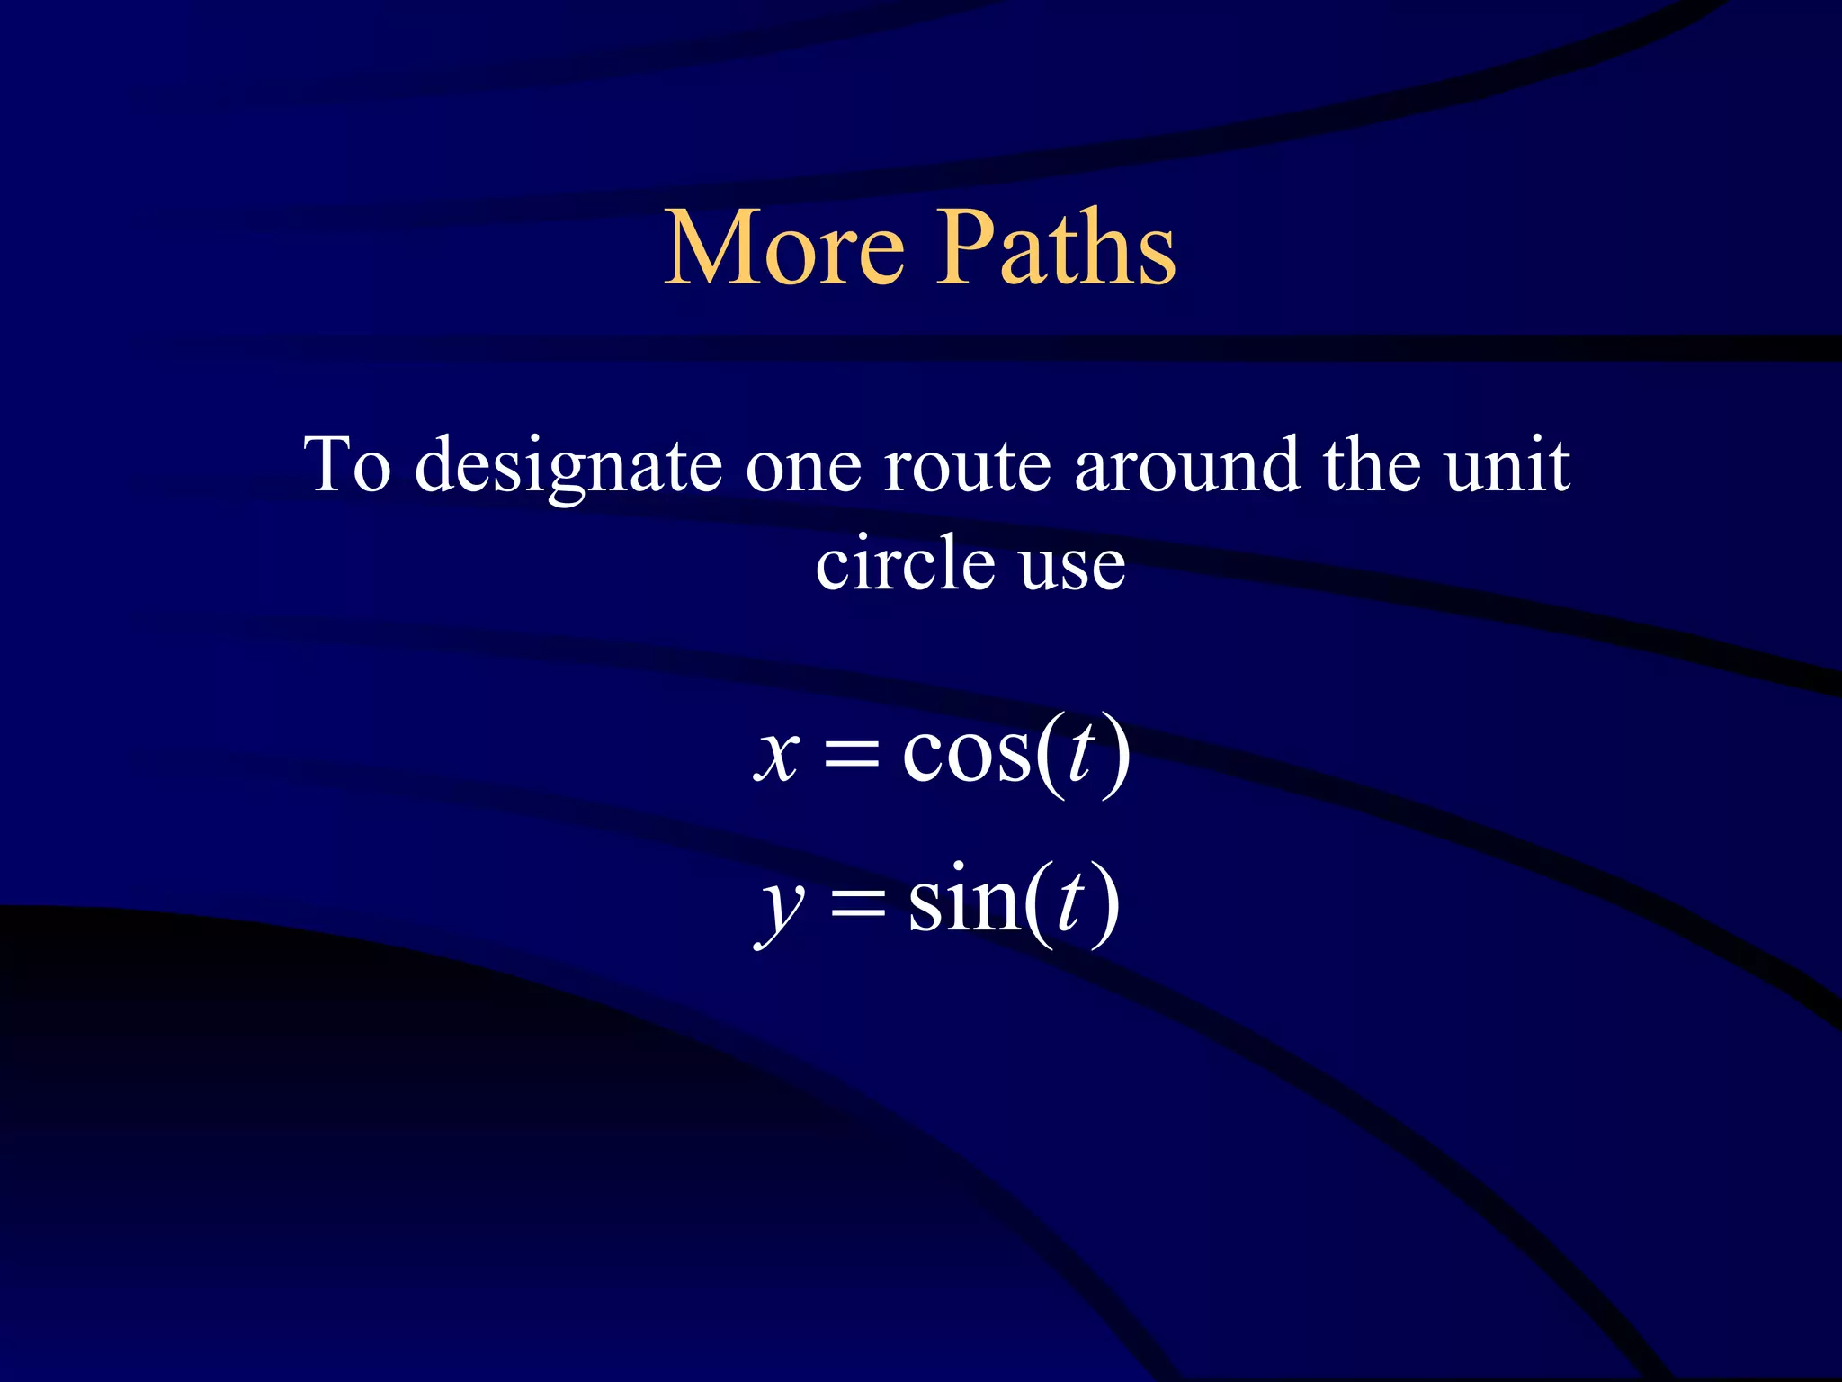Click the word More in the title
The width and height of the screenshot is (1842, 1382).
(x=784, y=247)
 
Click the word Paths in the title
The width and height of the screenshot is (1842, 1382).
(x=1060, y=247)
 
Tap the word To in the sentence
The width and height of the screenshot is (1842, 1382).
(x=348, y=464)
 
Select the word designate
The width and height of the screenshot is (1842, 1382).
(x=568, y=466)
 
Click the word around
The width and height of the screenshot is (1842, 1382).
(x=1187, y=464)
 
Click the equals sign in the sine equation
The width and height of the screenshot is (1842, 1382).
(x=857, y=903)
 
